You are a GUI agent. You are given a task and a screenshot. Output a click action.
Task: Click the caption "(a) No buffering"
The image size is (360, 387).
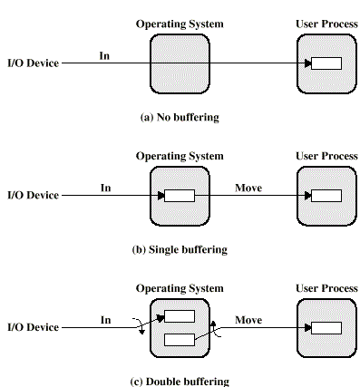coord(180,117)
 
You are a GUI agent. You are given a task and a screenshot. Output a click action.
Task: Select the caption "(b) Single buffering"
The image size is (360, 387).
coord(180,248)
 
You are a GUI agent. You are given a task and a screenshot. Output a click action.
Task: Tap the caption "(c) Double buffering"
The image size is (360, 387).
coord(180,381)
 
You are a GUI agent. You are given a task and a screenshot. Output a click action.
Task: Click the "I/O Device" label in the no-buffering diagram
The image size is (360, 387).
coord(33,64)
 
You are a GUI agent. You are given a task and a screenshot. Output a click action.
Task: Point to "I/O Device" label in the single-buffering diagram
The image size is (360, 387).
coord(33,196)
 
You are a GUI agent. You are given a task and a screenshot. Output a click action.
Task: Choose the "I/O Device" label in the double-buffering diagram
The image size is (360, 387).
coord(33,327)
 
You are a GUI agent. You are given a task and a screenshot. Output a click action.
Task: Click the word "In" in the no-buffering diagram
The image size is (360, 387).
coord(105,56)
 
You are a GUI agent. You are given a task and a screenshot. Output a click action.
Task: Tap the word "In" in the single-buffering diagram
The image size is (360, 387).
coord(105,188)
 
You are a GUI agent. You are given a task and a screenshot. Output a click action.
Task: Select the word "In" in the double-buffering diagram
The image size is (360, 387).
coord(105,319)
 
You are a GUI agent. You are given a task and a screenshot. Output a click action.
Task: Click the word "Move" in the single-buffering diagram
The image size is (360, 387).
coord(248,188)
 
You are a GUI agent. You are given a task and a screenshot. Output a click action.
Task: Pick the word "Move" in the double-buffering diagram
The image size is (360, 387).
coord(248,319)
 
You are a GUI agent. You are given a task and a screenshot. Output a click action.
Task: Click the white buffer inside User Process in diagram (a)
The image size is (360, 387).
coord(326,64)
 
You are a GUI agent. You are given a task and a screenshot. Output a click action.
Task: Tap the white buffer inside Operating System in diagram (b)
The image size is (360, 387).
coord(180,196)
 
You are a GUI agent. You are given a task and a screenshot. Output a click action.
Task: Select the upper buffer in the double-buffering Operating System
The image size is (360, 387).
coord(180,317)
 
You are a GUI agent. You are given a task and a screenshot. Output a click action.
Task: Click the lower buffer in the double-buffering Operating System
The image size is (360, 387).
coord(180,340)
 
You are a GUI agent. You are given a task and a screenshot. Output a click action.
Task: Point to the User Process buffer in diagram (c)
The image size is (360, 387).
coord(326,327)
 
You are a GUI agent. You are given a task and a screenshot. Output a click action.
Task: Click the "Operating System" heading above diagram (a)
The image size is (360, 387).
coord(180,24)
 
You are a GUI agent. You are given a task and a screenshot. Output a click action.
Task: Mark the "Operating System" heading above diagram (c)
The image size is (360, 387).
coord(180,288)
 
